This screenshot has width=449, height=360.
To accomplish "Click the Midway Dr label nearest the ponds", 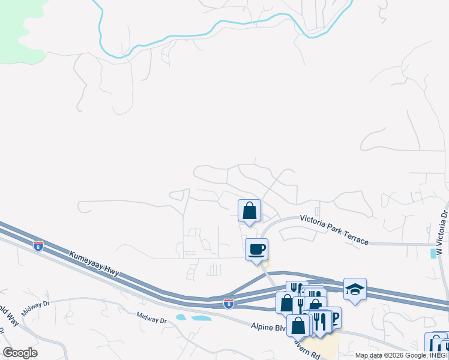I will (x=151, y=317).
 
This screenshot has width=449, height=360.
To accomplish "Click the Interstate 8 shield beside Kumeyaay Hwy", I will (x=38, y=246).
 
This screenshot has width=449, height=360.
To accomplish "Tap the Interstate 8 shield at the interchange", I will (x=229, y=304).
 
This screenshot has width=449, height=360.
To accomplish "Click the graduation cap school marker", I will (x=355, y=290).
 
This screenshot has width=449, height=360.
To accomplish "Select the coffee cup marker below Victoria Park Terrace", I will (x=256, y=249).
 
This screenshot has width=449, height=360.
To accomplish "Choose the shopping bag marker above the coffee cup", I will (x=249, y=211).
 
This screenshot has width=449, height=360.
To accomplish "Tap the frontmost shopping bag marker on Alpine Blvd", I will (x=298, y=325).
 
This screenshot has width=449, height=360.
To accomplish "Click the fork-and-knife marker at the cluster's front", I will (x=319, y=322).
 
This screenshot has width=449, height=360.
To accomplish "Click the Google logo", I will (x=20, y=353).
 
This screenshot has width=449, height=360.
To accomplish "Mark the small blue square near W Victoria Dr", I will (x=434, y=254).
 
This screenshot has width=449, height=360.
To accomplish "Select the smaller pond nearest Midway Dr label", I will (x=181, y=316).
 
